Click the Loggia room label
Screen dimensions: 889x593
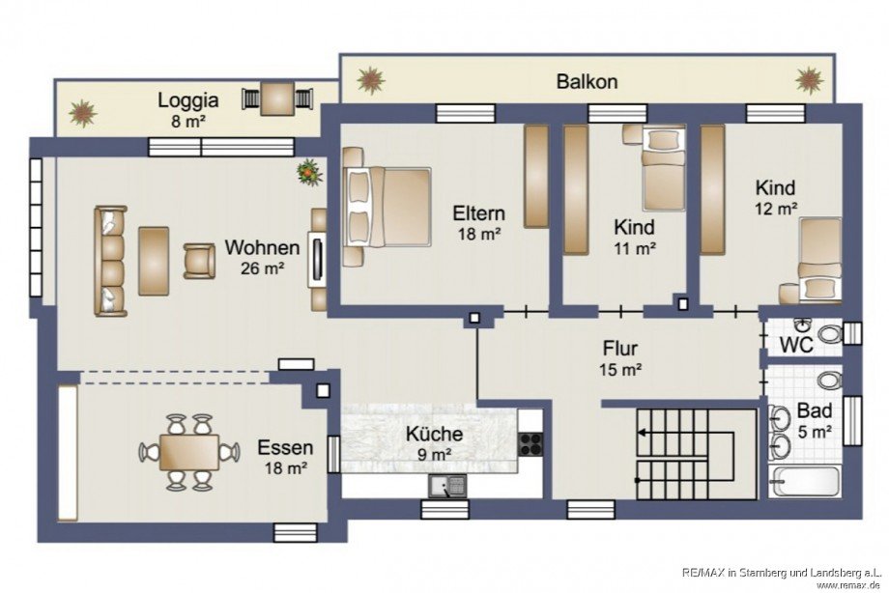click(187, 100)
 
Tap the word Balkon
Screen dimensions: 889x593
click(587, 82)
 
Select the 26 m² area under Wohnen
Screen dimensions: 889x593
click(263, 268)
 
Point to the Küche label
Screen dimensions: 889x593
click(434, 435)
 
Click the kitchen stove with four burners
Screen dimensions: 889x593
click(531, 444)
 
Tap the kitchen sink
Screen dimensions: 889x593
click(447, 487)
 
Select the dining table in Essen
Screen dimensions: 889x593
click(189, 452)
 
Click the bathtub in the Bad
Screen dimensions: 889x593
click(805, 481)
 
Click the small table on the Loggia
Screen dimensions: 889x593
click(277, 99)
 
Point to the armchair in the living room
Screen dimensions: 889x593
click(199, 261)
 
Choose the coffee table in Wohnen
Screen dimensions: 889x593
click(154, 261)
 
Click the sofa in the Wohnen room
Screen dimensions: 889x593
click(110, 261)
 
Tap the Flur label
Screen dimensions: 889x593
click(620, 348)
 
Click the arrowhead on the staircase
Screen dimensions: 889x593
click(642, 433)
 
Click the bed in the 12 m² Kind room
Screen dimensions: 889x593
click(820, 259)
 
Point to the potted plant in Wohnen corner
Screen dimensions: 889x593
click(309, 172)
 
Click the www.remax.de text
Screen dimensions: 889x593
click(848, 584)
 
